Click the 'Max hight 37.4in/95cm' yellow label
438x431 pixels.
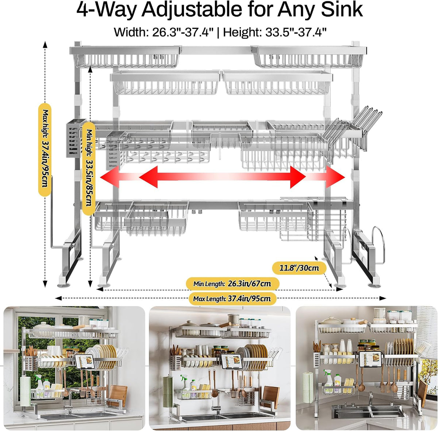coord(45,149)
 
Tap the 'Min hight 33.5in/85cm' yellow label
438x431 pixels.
coord(89,169)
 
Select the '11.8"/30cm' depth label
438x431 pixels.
coord(299,268)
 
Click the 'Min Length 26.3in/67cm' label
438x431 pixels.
coord(232,283)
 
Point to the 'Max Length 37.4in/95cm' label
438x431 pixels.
coord(232,298)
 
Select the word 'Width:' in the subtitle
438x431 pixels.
coord(131,32)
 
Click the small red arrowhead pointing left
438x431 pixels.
coord(109,177)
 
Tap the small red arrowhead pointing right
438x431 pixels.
coord(335,177)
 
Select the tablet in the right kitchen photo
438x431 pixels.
coord(370,359)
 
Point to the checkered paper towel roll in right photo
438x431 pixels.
coord(308,387)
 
